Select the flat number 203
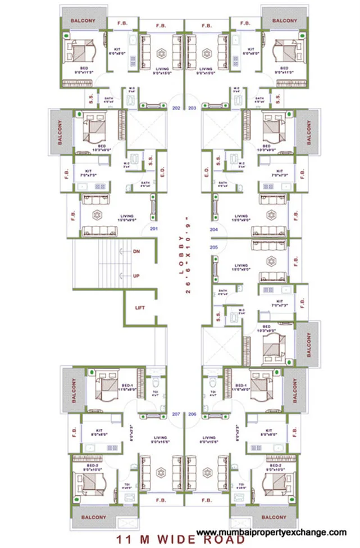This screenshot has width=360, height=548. [x=192, y=107]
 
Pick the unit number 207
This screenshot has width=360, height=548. [x=175, y=414]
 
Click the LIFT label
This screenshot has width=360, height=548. [x=140, y=308]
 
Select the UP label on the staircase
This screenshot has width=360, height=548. [x=136, y=276]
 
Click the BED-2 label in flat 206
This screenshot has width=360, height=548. [x=275, y=466]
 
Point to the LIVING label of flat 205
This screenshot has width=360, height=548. [x=241, y=265]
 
